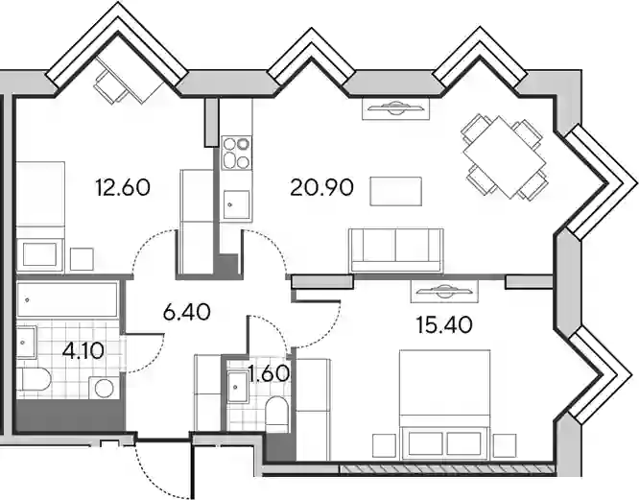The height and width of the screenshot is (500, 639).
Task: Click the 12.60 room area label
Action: tap(123, 188)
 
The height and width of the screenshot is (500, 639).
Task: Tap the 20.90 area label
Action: tap(321, 188)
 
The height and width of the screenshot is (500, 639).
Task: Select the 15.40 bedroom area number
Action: tap(444, 324)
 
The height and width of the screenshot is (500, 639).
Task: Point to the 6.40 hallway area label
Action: tap(187, 313)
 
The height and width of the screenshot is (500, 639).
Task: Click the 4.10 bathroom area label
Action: tap(83, 350)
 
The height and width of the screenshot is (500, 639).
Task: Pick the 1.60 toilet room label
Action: tap(269, 374)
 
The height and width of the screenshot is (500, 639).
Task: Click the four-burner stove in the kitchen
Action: tap(236, 153)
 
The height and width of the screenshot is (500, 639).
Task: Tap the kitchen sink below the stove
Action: tap(236, 204)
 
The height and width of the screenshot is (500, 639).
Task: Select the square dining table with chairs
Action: tap(504, 156)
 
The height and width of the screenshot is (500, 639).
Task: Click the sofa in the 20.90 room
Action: tap(396, 250)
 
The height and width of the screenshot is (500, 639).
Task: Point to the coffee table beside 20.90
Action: tap(395, 191)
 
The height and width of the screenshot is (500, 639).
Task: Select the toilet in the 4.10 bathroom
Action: tap(34, 379)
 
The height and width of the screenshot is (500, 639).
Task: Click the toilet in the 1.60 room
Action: tap(276, 415)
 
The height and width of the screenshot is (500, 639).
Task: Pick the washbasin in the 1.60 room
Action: tap(237, 387)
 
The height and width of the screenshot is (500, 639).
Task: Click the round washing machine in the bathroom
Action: tap(105, 388)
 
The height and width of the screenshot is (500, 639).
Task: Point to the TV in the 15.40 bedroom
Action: tap(444, 291)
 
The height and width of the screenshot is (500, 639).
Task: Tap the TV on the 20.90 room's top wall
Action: tap(395, 108)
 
